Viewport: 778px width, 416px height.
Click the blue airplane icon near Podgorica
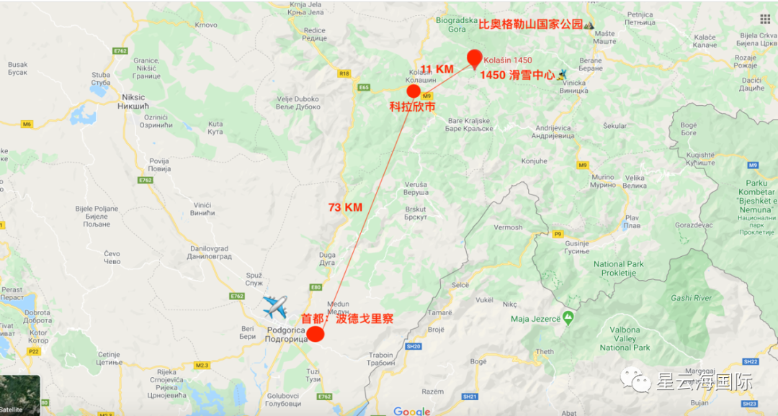(x=274, y=307)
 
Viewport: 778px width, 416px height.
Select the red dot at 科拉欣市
(x=413, y=91)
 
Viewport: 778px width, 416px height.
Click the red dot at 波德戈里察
(x=315, y=334)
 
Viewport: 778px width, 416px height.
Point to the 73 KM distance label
(x=345, y=207)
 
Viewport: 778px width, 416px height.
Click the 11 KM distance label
(x=437, y=69)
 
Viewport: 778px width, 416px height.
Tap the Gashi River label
(x=691, y=298)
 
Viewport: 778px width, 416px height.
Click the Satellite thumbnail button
(x=19, y=396)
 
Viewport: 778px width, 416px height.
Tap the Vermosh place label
(x=508, y=227)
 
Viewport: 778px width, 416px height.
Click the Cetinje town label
(x=109, y=358)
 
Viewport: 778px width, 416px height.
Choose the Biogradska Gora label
(x=456, y=24)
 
